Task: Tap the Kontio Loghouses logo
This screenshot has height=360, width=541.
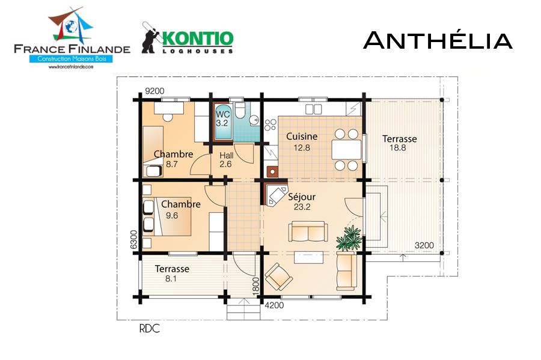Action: pos(188,38)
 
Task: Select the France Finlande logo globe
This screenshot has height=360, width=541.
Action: pos(71,26)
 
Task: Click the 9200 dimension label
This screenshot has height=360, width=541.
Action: pos(154,91)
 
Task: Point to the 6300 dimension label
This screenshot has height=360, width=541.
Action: pos(133,240)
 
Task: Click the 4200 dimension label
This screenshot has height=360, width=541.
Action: pos(274,305)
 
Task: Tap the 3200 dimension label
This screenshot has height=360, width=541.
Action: pos(424,245)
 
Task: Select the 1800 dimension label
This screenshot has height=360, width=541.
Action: pos(255,286)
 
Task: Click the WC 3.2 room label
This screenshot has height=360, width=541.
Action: pos(222,118)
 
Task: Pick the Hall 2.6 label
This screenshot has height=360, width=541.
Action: pos(227,160)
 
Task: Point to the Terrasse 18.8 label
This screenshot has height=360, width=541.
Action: pos(400,143)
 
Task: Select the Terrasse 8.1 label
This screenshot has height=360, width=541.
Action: pos(172,273)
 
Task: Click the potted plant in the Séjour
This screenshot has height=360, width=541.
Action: pos(349,238)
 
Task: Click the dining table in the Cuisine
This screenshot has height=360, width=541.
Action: pos(346,150)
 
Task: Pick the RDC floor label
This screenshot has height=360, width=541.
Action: pos(150,329)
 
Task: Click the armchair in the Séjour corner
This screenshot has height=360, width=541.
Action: pos(278,276)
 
